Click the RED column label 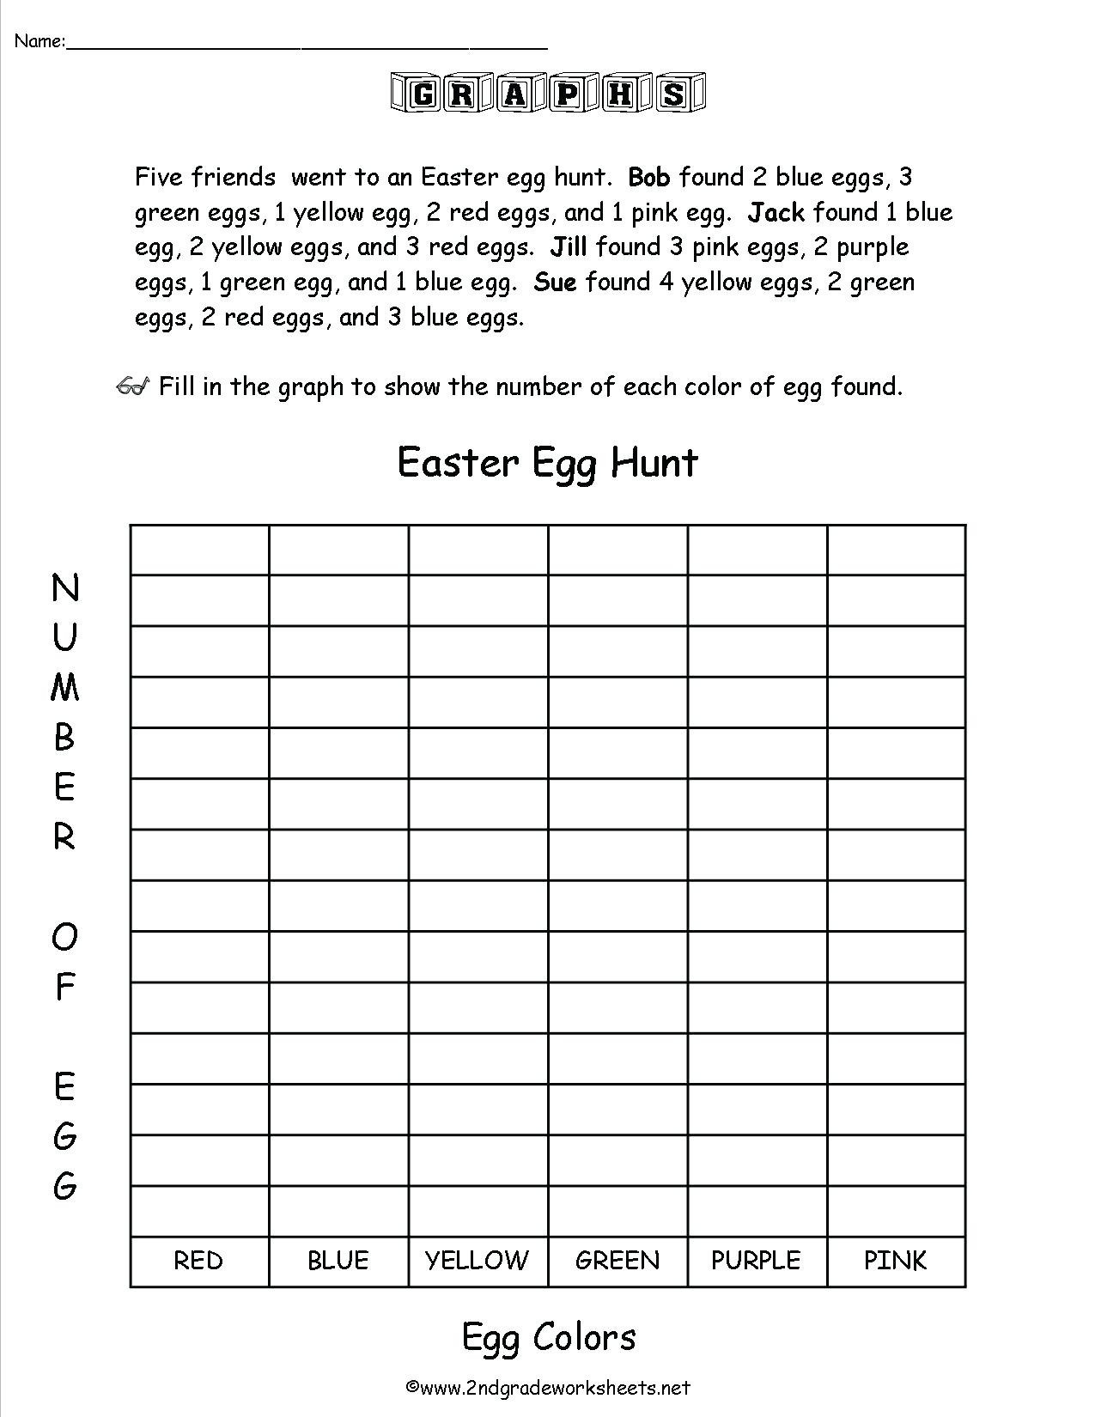point(198,1261)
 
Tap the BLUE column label point(338,1261)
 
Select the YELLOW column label point(478,1261)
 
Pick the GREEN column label point(617,1261)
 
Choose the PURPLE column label point(757,1261)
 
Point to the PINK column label point(896,1261)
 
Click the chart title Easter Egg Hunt point(548,463)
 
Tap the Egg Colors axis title point(549,1337)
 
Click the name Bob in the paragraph point(649,177)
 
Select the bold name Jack point(776,212)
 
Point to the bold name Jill point(569,247)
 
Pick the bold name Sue point(555,283)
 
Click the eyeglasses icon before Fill point(134,386)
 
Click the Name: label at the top point(40,40)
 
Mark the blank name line point(307,45)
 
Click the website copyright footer point(548,1387)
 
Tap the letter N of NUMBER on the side point(65,588)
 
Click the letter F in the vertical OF point(64,988)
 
